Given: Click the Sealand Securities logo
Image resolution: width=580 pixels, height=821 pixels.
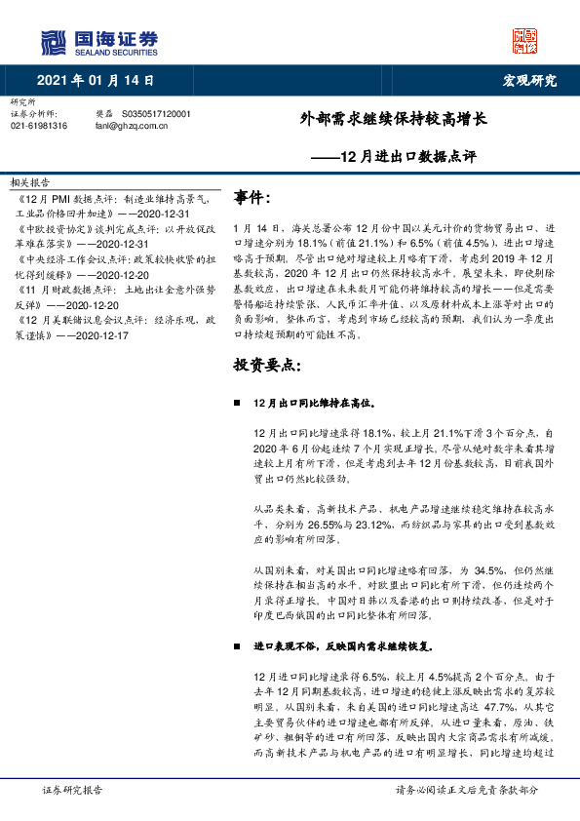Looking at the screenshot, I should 98,42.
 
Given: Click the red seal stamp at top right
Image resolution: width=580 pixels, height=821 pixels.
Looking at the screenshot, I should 524,40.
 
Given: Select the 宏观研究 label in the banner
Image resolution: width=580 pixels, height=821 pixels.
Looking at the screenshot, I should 529,80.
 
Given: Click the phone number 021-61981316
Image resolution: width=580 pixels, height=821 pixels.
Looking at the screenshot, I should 39,126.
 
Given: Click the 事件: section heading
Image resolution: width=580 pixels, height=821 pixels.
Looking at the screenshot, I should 252,199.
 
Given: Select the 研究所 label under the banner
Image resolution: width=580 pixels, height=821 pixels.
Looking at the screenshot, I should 21,102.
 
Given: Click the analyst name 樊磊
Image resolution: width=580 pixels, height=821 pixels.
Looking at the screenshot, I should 104,114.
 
